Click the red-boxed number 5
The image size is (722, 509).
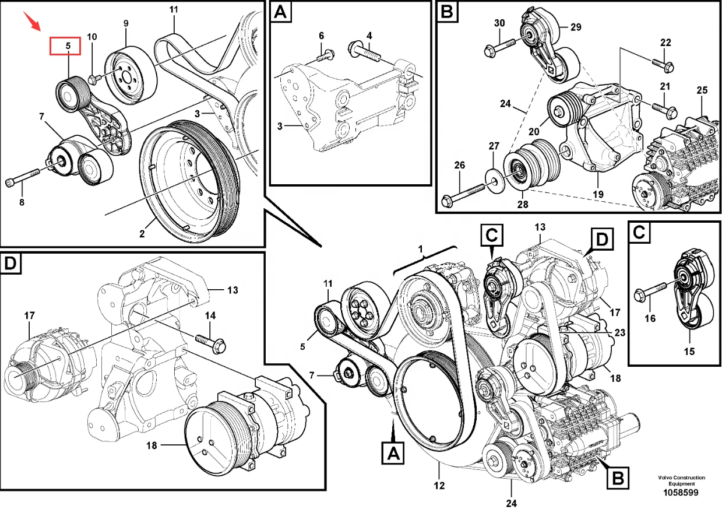[x=68, y=45]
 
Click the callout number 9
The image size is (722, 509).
[x=125, y=23]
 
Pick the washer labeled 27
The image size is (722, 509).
[x=494, y=176]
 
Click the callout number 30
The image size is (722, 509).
[x=499, y=23]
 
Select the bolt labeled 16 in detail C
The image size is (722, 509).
[x=649, y=294]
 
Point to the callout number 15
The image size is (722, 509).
[x=689, y=352]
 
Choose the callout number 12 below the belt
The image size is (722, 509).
[x=439, y=485]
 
